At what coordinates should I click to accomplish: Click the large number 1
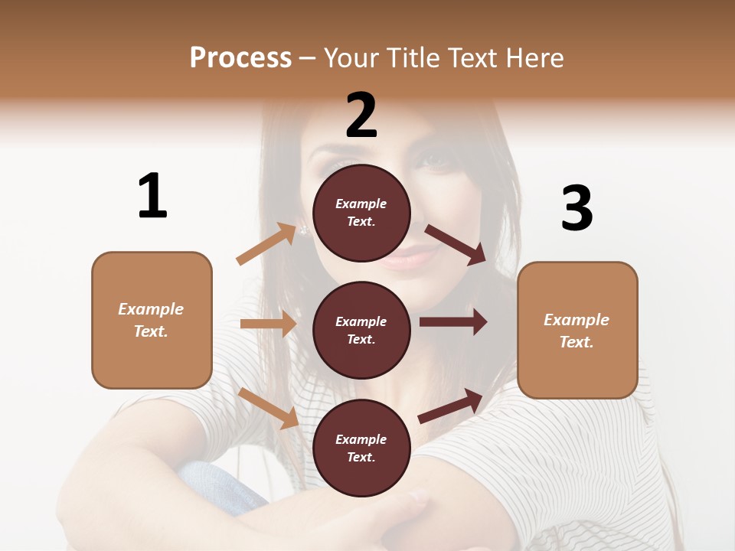tap(152, 196)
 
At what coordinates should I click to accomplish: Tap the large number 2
tap(361, 116)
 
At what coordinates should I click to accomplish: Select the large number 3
tap(577, 208)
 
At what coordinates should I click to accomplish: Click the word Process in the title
tap(240, 57)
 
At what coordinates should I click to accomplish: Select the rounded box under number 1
tap(152, 320)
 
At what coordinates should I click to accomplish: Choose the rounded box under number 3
tap(577, 330)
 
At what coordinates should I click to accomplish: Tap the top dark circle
tap(361, 213)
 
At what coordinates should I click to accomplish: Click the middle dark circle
tap(361, 330)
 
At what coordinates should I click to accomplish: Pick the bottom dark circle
tap(361, 448)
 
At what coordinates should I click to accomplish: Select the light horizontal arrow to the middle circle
tap(268, 324)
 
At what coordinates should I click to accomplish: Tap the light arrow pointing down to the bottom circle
tap(269, 408)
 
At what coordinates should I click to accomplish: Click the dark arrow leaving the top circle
tap(455, 244)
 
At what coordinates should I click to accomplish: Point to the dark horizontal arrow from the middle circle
tap(452, 322)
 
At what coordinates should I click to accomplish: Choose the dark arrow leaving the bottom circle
tap(450, 406)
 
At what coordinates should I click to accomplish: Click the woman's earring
tap(303, 230)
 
